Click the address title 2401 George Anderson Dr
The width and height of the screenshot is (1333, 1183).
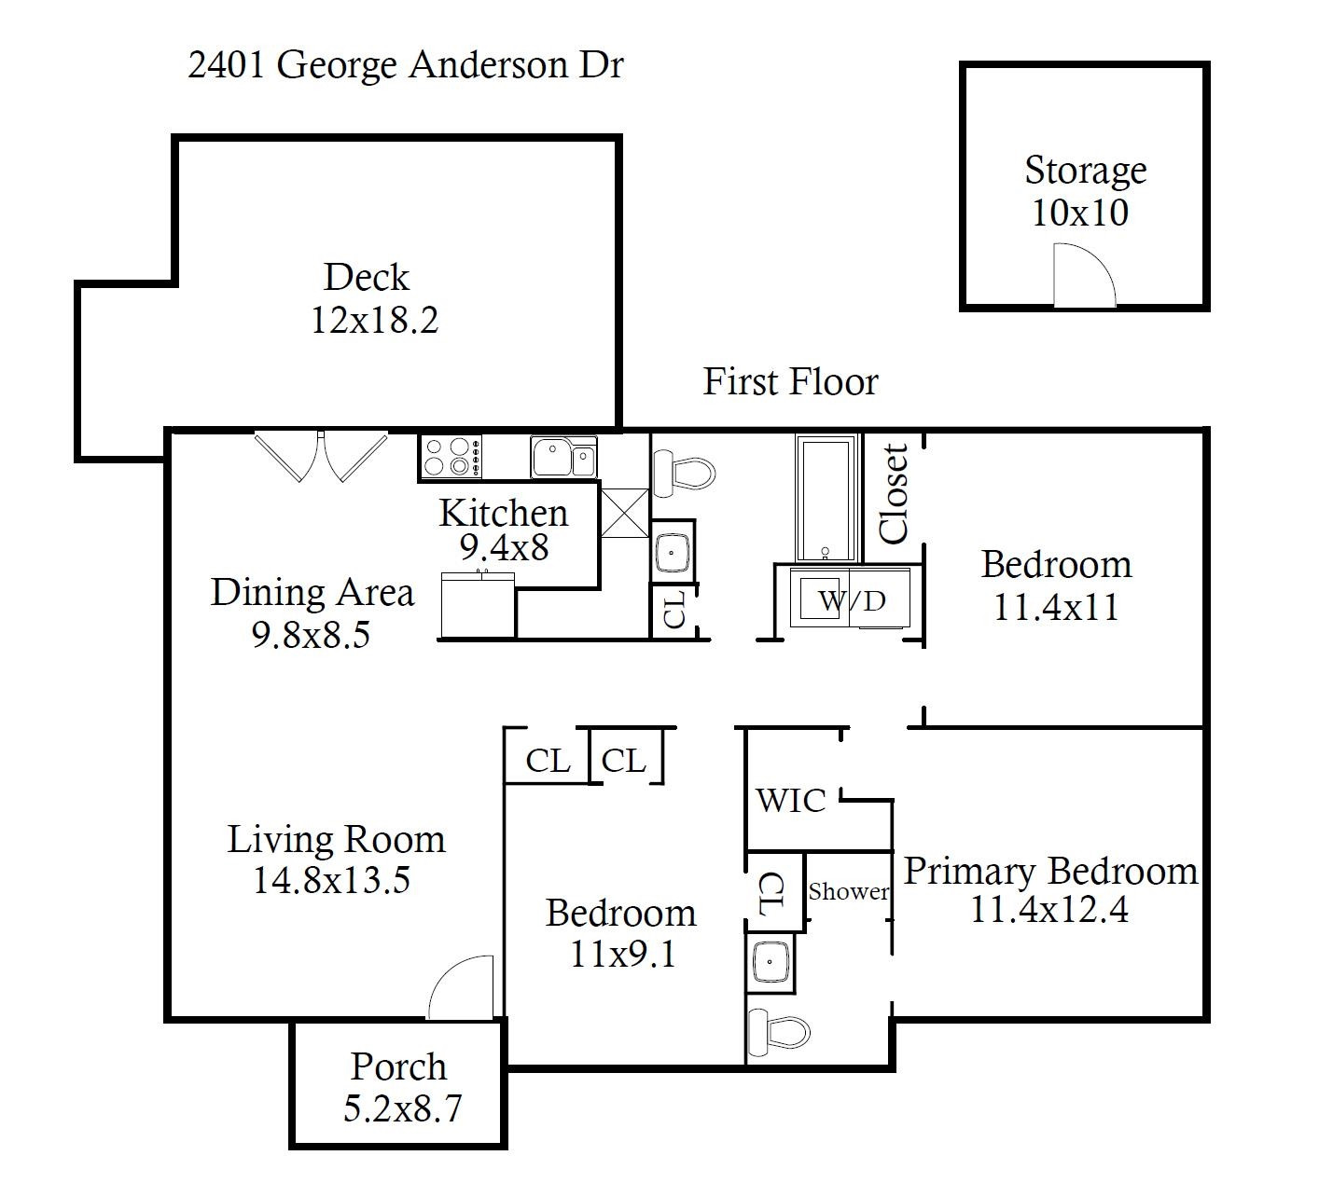click(x=405, y=66)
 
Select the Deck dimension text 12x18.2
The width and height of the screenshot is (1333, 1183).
click(x=373, y=321)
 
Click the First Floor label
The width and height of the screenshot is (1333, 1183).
click(x=790, y=382)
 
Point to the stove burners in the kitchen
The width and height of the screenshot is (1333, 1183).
click(x=450, y=458)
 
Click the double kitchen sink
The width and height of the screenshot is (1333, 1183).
click(x=563, y=458)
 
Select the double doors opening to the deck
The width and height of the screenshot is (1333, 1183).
click(x=322, y=456)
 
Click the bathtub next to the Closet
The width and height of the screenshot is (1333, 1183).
click(x=826, y=499)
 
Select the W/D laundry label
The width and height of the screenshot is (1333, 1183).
click(x=852, y=601)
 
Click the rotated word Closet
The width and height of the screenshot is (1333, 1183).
click(x=894, y=494)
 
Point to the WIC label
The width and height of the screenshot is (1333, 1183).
click(x=791, y=801)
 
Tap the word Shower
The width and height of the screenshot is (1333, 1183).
click(x=848, y=892)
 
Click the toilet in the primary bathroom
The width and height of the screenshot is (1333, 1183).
click(x=778, y=1032)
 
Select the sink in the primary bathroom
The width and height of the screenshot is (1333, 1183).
click(x=771, y=962)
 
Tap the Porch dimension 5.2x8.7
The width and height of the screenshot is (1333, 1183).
click(x=402, y=1109)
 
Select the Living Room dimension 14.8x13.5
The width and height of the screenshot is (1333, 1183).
click(x=332, y=880)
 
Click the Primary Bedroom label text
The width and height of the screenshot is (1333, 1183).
click(x=1050, y=872)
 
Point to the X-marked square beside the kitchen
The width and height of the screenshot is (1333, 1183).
click(x=623, y=513)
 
